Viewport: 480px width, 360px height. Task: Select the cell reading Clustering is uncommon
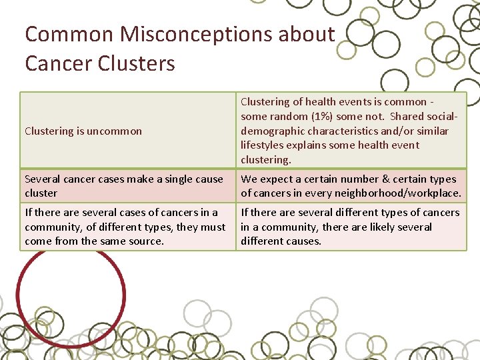83,131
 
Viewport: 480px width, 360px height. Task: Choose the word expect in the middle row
277,179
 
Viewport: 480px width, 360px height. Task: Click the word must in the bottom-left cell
213,227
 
